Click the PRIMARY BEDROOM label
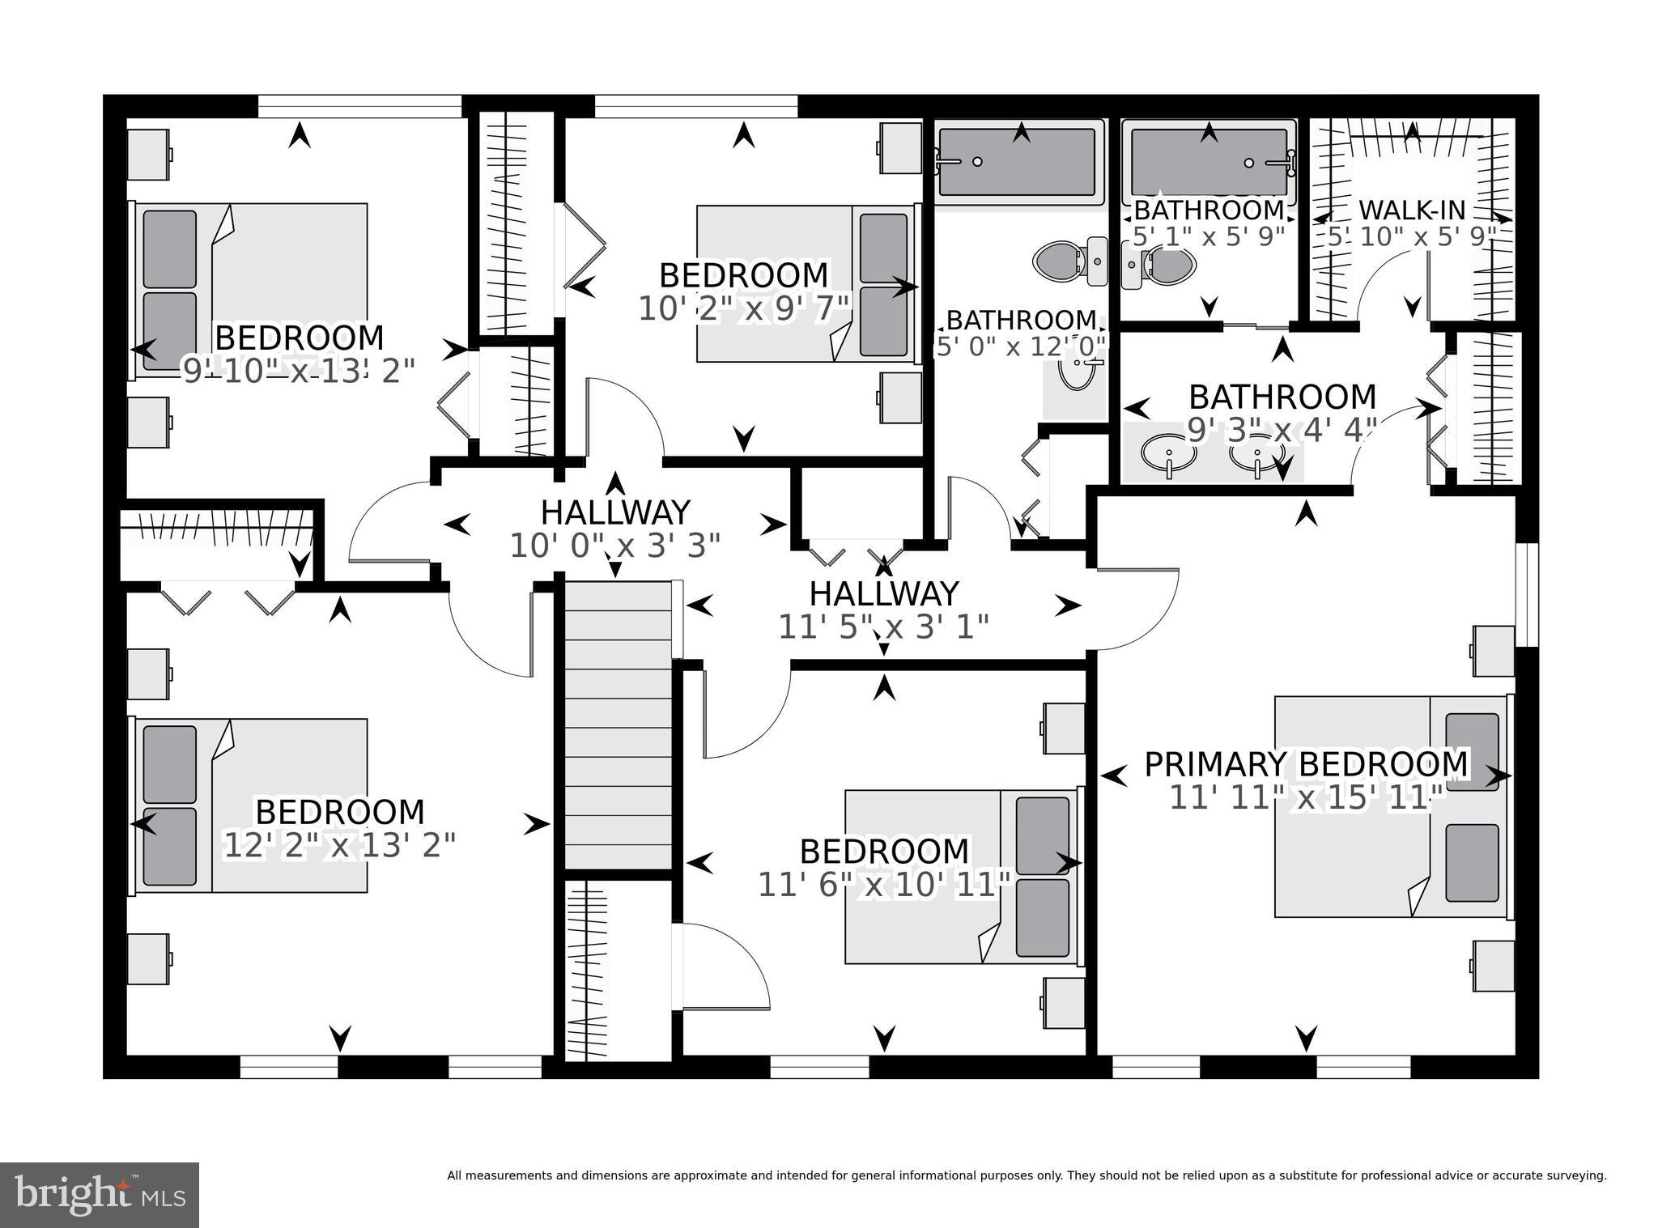coord(1305,764)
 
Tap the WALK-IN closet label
coord(1411,210)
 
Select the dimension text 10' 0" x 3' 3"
coord(614,546)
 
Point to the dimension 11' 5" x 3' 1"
coord(883,627)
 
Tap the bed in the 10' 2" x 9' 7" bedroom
coord(806,283)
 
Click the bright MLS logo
coord(99,1194)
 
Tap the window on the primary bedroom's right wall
coord(1526,594)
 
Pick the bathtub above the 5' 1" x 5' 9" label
coord(1208,161)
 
